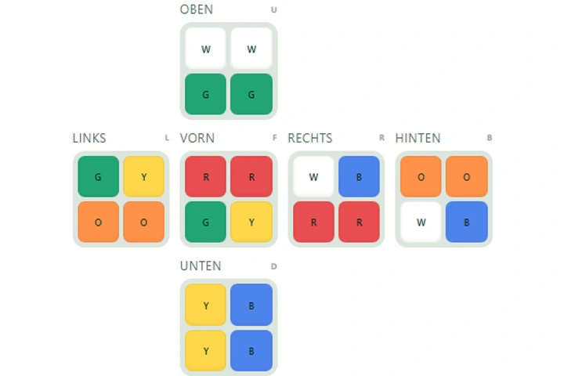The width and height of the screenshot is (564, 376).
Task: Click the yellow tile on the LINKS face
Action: [x=144, y=176]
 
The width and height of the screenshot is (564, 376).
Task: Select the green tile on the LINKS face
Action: [x=98, y=176]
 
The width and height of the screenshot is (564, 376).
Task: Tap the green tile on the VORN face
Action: [x=205, y=222]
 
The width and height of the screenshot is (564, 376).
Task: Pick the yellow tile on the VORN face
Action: [x=251, y=222]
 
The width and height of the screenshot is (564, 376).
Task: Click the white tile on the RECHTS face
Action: [x=313, y=176]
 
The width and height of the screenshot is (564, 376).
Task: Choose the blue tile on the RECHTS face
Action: [x=359, y=176]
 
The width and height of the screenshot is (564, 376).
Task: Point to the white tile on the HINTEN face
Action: [x=421, y=222]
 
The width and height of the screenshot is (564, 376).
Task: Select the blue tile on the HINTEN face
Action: [x=467, y=222]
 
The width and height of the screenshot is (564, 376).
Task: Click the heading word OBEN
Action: [x=197, y=9]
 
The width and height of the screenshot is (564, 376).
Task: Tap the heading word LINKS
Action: [x=89, y=138]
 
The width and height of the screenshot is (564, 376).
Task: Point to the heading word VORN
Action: [x=197, y=138]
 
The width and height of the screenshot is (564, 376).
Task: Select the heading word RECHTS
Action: [x=310, y=138]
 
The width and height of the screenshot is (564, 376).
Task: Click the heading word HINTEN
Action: [x=418, y=138]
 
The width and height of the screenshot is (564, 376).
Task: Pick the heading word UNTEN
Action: [x=201, y=266]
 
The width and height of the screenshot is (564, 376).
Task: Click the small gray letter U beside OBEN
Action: [x=274, y=9]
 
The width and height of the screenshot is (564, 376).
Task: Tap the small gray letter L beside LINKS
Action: [x=167, y=137]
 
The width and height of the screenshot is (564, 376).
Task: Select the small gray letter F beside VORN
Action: [x=275, y=137]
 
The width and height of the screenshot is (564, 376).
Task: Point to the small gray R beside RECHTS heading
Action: [x=381, y=137]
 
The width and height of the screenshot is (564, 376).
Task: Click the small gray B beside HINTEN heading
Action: [x=490, y=137]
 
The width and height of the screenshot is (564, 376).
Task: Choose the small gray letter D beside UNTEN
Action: [x=274, y=266]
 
